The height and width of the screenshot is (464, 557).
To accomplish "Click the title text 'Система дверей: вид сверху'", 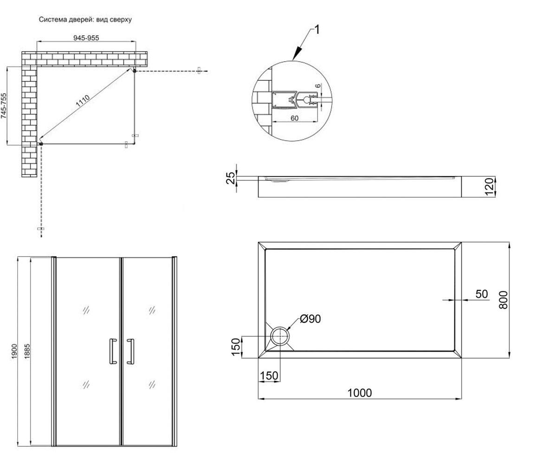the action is click(85, 19).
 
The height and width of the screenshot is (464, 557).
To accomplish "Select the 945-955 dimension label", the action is click(86, 38).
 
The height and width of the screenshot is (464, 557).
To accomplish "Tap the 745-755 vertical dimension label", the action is click(4, 106).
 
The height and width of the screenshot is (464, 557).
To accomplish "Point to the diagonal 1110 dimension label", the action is click(83, 101).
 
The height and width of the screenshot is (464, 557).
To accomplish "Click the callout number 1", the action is click(317, 30).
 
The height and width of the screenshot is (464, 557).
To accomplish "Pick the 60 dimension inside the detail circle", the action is click(294, 118).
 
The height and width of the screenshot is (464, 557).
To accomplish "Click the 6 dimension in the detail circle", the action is click(317, 86).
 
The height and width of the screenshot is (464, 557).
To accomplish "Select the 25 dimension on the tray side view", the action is click(231, 178).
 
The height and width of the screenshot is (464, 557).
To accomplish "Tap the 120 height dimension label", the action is click(490, 187).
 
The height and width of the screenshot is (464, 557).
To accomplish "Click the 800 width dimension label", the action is click(503, 300).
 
